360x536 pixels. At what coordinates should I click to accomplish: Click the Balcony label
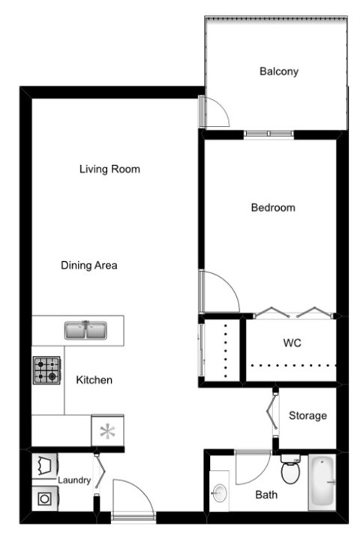(279, 72)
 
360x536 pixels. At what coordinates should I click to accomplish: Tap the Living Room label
(109, 169)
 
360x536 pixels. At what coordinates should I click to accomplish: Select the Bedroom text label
(273, 207)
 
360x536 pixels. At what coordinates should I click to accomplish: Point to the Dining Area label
(89, 265)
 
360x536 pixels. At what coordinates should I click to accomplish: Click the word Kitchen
(94, 380)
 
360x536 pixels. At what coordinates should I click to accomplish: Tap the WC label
(292, 342)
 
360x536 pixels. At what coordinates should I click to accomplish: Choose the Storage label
(307, 415)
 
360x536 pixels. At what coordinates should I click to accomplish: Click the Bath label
(266, 495)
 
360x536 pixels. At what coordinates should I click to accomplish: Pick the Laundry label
(74, 480)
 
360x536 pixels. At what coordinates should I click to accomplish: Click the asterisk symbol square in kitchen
(107, 432)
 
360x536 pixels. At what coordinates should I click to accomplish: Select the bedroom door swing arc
(220, 293)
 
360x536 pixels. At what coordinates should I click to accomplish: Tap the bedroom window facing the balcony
(268, 134)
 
